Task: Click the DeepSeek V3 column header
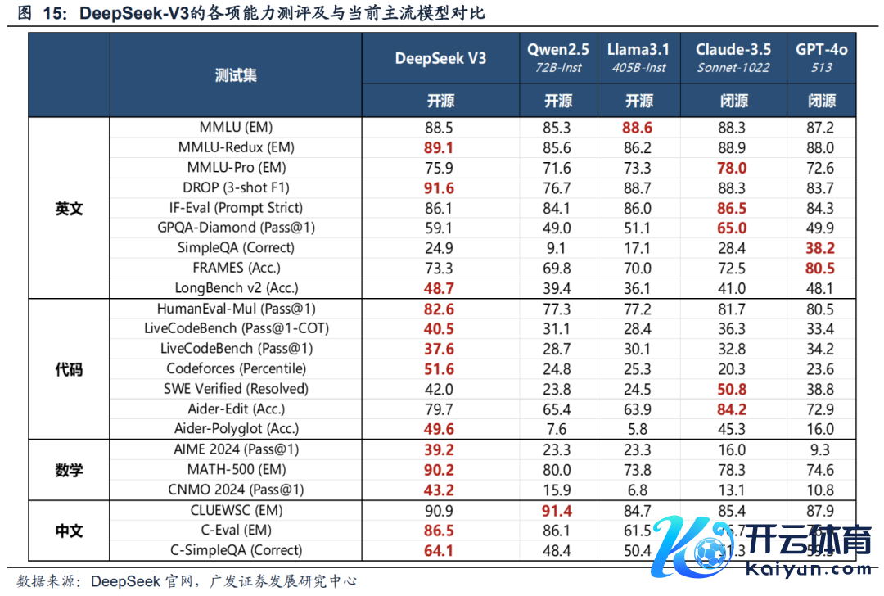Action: pos(440,58)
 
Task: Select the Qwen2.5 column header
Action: pos(558,50)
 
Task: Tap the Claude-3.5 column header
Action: pos(733,50)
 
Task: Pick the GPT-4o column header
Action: pos(821,50)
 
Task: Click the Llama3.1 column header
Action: pos(638,50)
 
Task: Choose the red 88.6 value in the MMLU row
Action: pos(638,128)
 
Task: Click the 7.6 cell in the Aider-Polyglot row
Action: pos(558,429)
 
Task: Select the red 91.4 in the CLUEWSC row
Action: pos(558,510)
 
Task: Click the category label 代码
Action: pos(69,369)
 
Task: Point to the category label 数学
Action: pos(69,470)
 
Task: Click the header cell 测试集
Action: pos(236,75)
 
